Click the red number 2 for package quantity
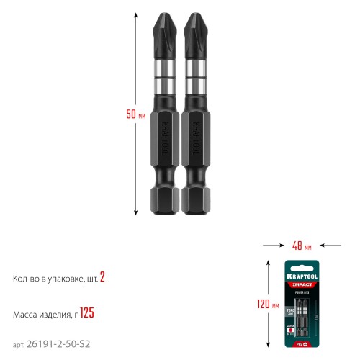[x=103, y=277]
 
